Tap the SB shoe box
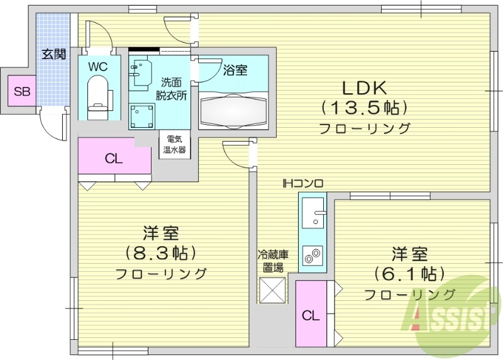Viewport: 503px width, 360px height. point(22,92)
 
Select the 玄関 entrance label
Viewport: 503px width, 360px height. point(53,54)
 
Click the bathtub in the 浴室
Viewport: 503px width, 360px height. point(233,110)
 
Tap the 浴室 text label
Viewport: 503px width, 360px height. point(235,70)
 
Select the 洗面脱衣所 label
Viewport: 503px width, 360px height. point(172,89)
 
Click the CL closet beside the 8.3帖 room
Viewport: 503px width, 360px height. point(114,158)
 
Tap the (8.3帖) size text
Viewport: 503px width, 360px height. point(161,254)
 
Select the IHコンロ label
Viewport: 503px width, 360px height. point(302,184)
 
